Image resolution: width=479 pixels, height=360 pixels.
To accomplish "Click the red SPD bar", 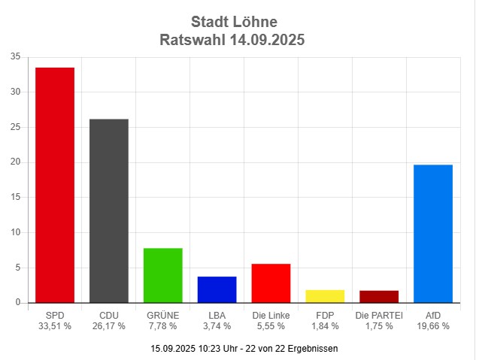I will pyautogui.click(x=55, y=185).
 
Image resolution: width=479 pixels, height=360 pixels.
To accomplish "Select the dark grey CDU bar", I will pyautogui.click(x=109, y=210).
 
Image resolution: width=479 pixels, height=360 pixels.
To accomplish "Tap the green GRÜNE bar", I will pyautogui.click(x=162, y=275).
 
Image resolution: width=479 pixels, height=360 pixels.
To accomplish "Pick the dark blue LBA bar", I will pyautogui.click(x=217, y=289).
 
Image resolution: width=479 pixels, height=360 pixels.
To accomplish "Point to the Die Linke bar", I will pyautogui.click(x=271, y=283).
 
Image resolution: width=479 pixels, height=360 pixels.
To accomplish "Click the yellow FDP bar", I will pyautogui.click(x=325, y=296).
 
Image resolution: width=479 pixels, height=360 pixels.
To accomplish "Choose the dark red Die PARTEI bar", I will pyautogui.click(x=379, y=296).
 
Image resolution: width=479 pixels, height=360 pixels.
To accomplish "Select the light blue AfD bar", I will pyautogui.click(x=433, y=233).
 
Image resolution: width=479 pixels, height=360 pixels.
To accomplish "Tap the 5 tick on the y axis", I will pyautogui.click(x=18, y=268).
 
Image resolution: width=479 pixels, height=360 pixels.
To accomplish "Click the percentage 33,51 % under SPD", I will pyautogui.click(x=55, y=326).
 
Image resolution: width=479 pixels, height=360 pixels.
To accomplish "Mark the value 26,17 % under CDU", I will pyautogui.click(x=109, y=326).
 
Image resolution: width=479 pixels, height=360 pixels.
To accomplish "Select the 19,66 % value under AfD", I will pyautogui.click(x=433, y=326).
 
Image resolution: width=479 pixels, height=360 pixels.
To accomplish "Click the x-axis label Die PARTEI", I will pyautogui.click(x=379, y=316).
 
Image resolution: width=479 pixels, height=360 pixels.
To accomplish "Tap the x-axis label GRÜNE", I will pyautogui.click(x=162, y=316).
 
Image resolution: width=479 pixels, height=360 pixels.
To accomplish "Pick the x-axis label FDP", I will pyautogui.click(x=325, y=316).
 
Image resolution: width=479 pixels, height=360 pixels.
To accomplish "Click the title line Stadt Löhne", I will pyautogui.click(x=234, y=21).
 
